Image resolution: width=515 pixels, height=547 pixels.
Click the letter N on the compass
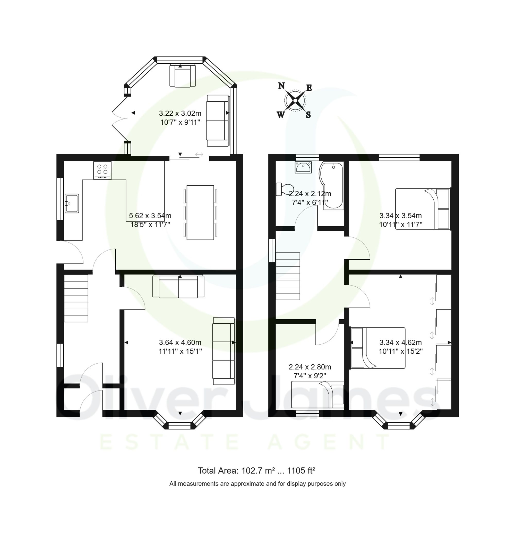point(281,86)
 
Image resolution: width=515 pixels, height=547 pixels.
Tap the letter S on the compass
point(308,115)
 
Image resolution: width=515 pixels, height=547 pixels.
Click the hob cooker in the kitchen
point(102,170)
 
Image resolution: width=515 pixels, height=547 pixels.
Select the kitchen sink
point(72,203)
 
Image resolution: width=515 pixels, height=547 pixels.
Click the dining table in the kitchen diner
point(200,212)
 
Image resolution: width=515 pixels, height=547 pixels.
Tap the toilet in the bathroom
point(283,189)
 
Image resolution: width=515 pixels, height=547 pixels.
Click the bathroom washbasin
point(303,167)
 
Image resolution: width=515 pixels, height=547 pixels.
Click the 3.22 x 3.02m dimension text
point(180,113)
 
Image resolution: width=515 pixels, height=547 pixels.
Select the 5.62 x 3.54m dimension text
point(150,216)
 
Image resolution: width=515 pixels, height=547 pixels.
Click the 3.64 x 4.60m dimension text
point(180,342)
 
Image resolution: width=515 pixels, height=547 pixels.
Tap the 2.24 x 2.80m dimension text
point(310,367)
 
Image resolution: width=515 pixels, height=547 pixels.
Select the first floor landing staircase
point(288,276)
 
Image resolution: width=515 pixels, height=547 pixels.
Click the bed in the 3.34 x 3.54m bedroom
point(422,209)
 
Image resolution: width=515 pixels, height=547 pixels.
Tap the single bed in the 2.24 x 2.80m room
point(317,394)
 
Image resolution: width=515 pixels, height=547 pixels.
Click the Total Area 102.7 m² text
point(256,471)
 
